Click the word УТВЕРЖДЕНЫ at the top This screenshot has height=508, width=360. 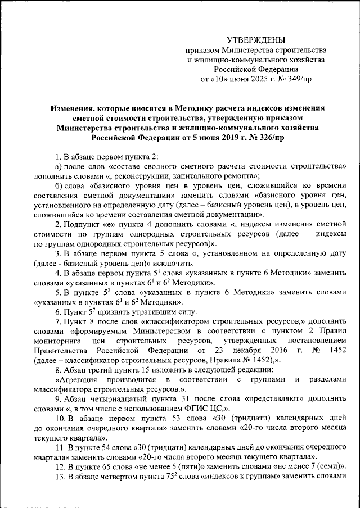click(255, 40)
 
